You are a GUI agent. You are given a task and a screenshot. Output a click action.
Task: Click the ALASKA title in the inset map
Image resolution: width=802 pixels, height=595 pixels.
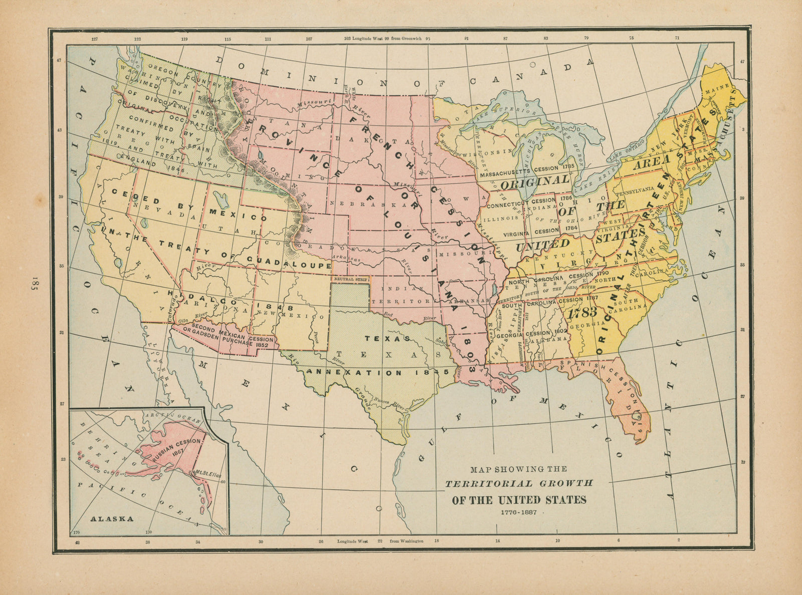[112, 519]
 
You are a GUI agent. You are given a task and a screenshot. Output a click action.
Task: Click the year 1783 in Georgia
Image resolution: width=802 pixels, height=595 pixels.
[582, 312]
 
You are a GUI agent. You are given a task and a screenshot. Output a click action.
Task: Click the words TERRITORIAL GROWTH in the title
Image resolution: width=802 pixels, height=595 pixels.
[519, 484]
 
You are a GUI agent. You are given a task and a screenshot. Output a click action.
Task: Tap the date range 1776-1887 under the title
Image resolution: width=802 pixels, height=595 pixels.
[518, 512]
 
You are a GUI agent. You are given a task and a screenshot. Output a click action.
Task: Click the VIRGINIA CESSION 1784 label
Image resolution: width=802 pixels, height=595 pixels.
[539, 232]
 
